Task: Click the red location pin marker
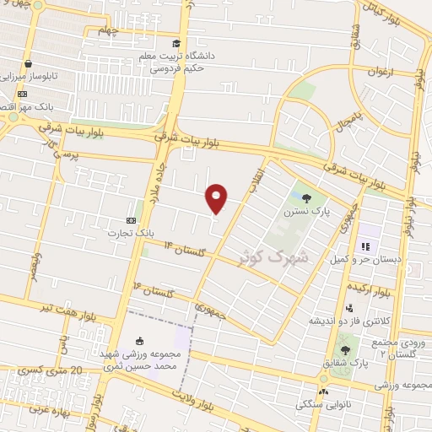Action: [x=217, y=197]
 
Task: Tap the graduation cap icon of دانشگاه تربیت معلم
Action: [x=175, y=44]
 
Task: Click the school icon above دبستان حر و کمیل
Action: [x=365, y=247]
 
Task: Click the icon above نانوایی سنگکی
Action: [x=324, y=392]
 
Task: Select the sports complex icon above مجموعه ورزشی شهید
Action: [x=139, y=341]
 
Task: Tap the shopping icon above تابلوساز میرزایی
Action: [x=28, y=63]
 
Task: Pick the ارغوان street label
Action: [x=379, y=73]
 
